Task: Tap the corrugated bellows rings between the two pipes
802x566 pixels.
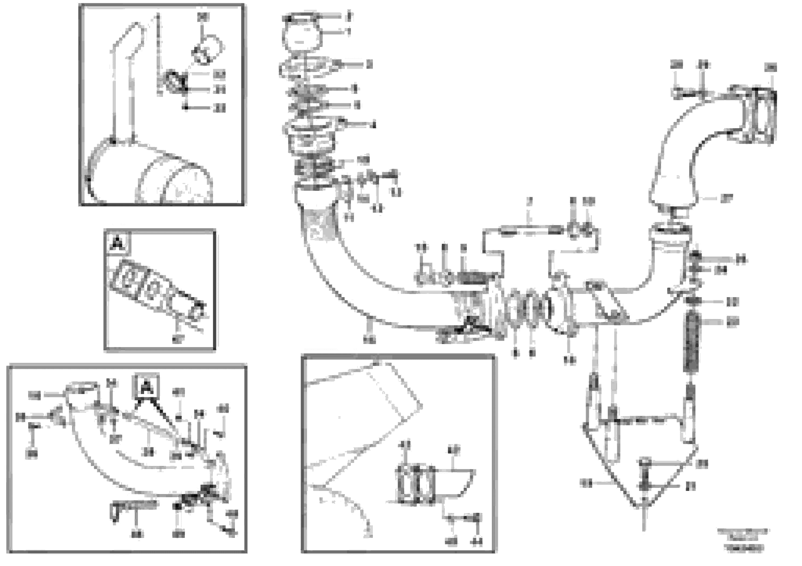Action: [527, 307]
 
